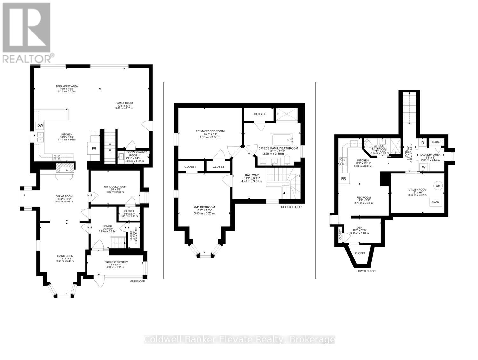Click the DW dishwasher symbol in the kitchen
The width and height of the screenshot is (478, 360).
[x=40, y=125]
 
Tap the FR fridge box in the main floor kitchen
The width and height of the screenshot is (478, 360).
[x=94, y=148]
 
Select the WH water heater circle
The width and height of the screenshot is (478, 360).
[x=438, y=186]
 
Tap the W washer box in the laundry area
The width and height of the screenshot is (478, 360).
[x=424, y=167]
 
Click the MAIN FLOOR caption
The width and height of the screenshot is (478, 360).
[x=137, y=281]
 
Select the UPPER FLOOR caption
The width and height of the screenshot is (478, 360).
[x=291, y=207]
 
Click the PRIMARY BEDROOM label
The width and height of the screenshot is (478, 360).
[x=210, y=131]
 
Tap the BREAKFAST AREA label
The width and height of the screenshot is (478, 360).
[x=67, y=86]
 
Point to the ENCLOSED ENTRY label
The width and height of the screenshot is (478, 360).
[x=116, y=262]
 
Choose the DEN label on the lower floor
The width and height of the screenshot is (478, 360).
[x=360, y=228]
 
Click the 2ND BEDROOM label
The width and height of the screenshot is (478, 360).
[x=204, y=207]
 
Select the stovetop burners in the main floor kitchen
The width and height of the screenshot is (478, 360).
[x=57, y=157]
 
